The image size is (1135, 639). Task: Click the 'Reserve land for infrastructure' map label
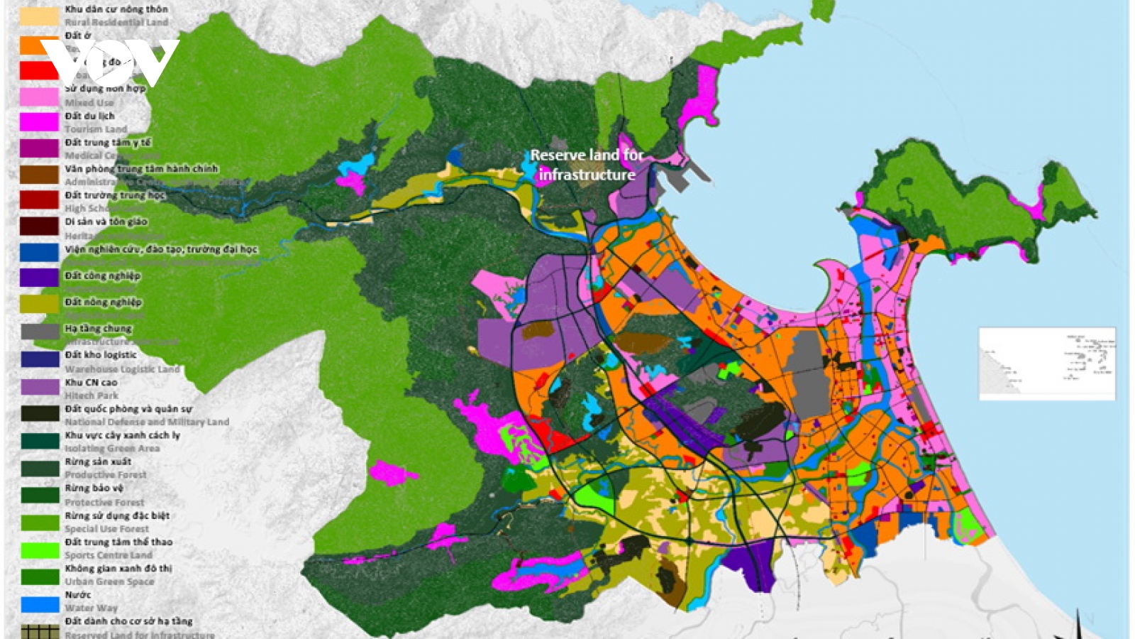tap(587, 165)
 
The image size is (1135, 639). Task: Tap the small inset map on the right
tap(1047, 364)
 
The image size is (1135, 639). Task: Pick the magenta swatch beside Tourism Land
tap(39, 122)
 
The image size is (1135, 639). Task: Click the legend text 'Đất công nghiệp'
tap(103, 275)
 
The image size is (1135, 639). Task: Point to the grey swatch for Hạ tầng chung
tap(39, 332)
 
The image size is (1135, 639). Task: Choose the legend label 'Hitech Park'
tap(92, 395)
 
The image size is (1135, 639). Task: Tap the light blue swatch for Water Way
tap(39, 604)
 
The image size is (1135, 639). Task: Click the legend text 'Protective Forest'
tap(104, 502)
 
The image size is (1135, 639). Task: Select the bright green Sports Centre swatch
tap(39, 550)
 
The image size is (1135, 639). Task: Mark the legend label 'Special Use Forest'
tap(107, 529)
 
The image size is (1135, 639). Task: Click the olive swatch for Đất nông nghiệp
tap(39, 304)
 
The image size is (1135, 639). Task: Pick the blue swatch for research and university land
tap(39, 252)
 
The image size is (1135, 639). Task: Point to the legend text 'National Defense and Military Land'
tap(147, 422)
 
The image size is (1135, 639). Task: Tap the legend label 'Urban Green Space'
tap(109, 581)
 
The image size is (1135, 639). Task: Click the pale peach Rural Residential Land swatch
tap(39, 16)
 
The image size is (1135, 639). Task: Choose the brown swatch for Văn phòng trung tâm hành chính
tap(39, 175)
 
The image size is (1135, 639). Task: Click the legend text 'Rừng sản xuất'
tap(98, 461)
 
